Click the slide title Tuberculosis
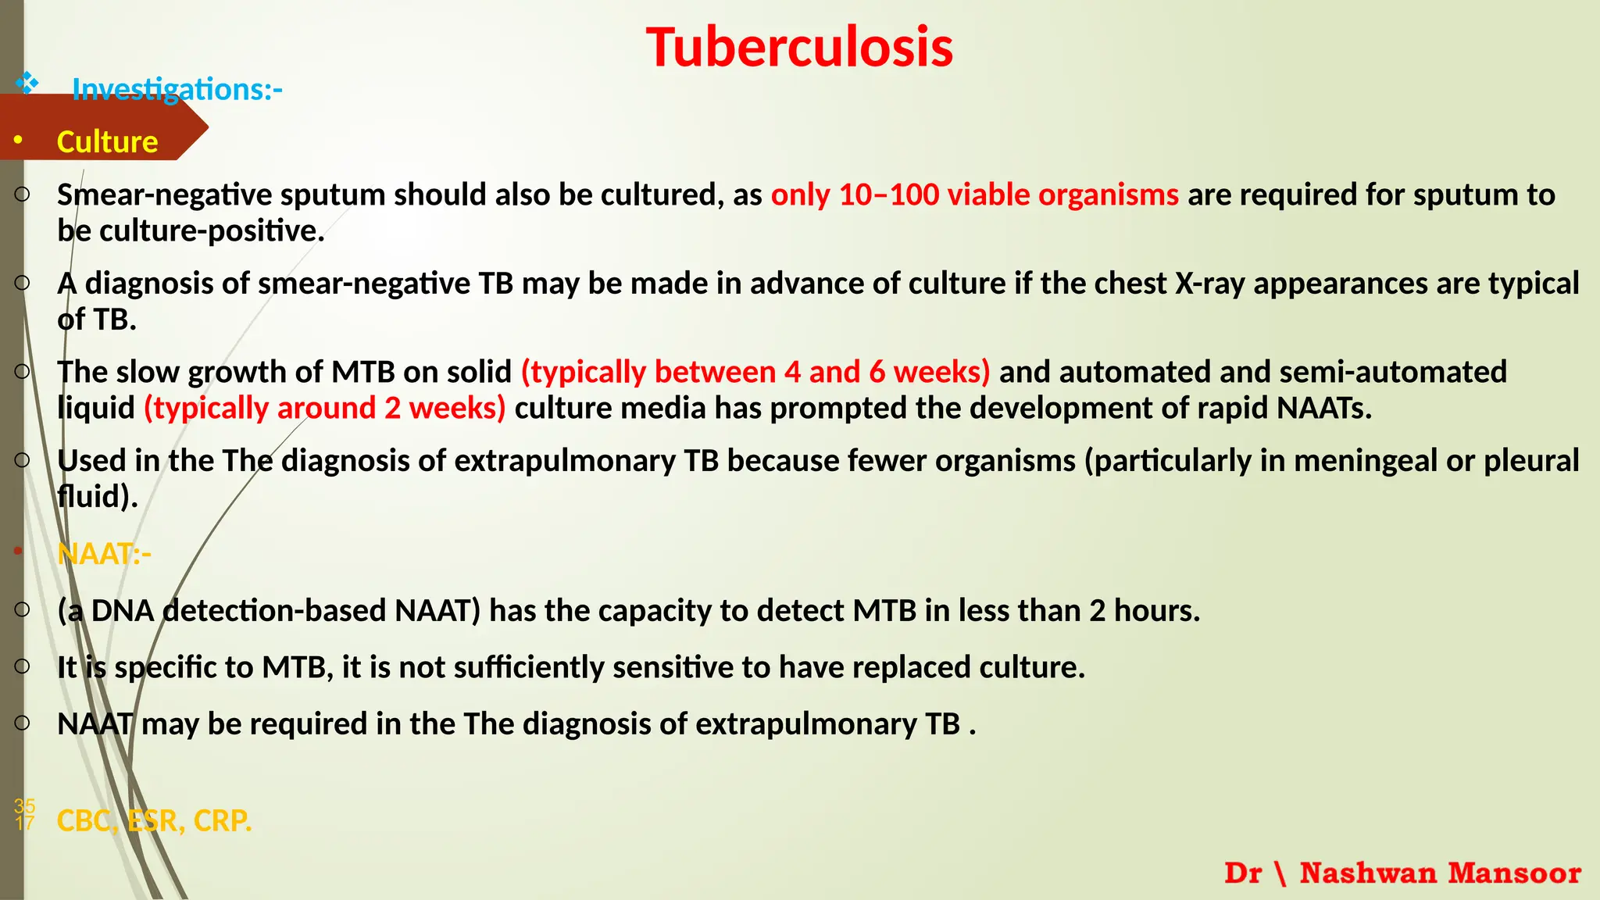click(x=799, y=48)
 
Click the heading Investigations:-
click(x=177, y=90)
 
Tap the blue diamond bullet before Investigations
click(x=27, y=82)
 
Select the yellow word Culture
click(x=108, y=142)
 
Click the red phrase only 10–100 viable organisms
click(x=974, y=195)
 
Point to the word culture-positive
click(x=211, y=231)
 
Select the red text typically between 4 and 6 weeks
click(x=755, y=372)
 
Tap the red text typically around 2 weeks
click(x=324, y=409)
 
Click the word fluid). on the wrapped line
click(x=98, y=497)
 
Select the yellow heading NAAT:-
click(x=104, y=554)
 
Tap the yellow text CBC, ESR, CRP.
click(x=154, y=821)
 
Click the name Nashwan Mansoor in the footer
click(x=1440, y=873)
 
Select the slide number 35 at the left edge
click(x=24, y=805)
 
